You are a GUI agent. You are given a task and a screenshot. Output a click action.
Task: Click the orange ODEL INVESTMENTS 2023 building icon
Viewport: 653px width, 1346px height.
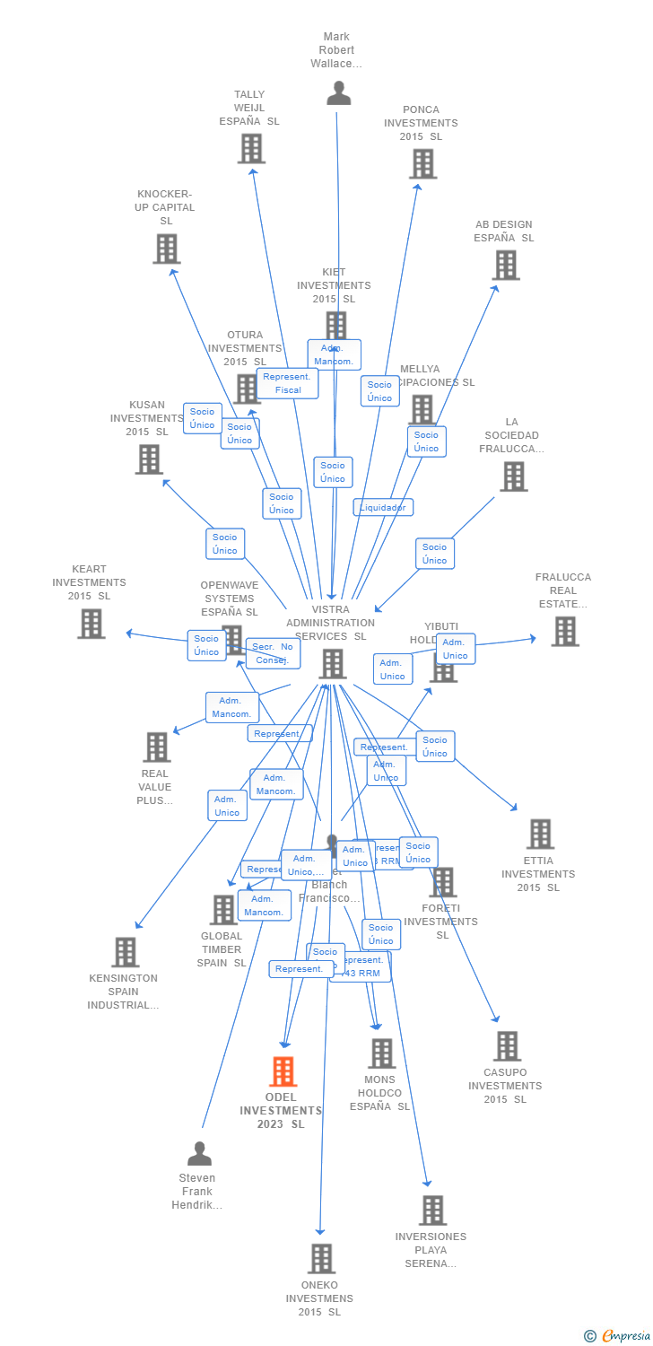283,1071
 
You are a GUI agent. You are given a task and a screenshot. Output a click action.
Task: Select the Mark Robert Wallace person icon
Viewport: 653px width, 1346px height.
338,93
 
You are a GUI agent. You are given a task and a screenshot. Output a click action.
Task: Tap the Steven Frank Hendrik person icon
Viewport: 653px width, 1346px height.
199,1153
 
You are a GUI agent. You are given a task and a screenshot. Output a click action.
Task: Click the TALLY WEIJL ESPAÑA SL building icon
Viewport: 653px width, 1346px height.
251,149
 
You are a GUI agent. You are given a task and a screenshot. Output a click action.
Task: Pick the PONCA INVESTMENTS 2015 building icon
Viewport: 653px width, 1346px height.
422,164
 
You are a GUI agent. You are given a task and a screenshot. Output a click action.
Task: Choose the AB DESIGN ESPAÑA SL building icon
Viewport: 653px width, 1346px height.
506,266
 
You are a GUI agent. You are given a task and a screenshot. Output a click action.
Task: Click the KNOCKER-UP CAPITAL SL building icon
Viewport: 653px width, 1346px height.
166,249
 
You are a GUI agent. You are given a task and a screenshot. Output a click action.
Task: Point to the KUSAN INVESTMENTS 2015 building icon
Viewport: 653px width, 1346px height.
149,459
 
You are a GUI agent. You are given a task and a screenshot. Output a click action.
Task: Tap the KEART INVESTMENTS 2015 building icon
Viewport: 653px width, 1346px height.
91,624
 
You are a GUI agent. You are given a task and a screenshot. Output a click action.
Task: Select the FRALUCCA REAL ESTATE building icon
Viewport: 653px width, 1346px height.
564,632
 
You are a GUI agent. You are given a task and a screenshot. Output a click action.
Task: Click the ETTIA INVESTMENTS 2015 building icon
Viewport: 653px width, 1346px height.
539,835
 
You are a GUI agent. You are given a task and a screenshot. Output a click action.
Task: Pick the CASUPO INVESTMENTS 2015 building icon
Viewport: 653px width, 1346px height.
507,1046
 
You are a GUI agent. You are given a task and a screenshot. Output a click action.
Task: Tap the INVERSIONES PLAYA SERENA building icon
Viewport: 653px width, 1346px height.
432,1211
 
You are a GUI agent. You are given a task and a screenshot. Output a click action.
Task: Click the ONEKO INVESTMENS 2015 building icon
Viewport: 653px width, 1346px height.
321,1259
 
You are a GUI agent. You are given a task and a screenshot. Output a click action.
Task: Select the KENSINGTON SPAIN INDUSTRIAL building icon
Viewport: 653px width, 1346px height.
125,952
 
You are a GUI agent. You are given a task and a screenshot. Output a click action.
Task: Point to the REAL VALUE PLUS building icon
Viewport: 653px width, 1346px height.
156,747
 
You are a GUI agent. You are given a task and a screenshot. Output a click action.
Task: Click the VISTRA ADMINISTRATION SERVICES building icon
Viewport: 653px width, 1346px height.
332,664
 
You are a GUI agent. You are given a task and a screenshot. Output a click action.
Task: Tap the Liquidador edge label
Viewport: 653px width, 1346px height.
383,508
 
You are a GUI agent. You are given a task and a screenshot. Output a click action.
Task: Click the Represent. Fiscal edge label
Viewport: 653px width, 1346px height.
288,384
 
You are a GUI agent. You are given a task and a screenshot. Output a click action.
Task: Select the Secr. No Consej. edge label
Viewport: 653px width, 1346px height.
272,653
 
